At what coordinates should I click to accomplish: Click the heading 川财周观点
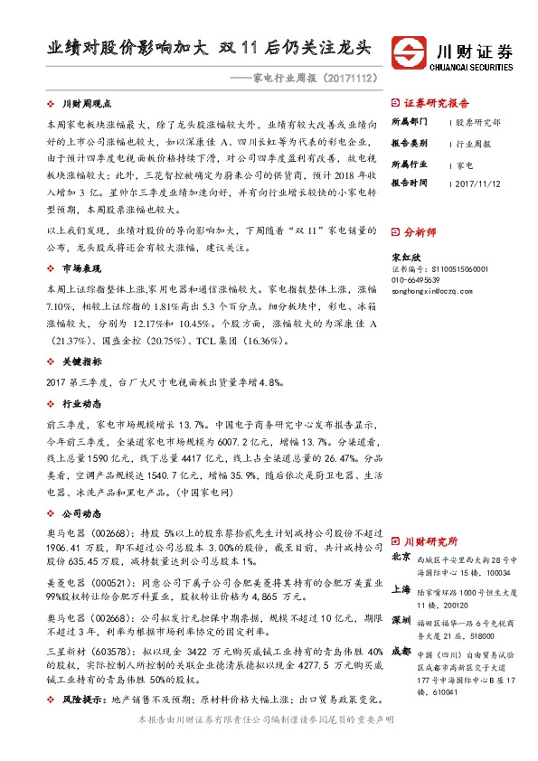point(85,105)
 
